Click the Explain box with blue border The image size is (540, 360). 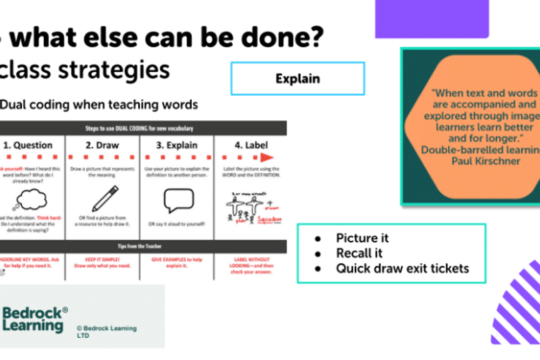point(298,79)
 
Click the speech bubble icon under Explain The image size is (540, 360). point(178,200)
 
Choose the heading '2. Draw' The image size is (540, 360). point(102,145)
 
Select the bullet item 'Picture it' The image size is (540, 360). point(362,238)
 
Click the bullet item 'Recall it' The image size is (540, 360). point(359,253)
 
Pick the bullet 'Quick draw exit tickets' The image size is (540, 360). point(402,268)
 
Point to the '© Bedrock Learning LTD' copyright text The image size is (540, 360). point(106,331)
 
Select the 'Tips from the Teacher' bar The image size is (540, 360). point(143,246)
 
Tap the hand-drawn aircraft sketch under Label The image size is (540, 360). point(243,208)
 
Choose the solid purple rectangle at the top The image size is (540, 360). point(431,19)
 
